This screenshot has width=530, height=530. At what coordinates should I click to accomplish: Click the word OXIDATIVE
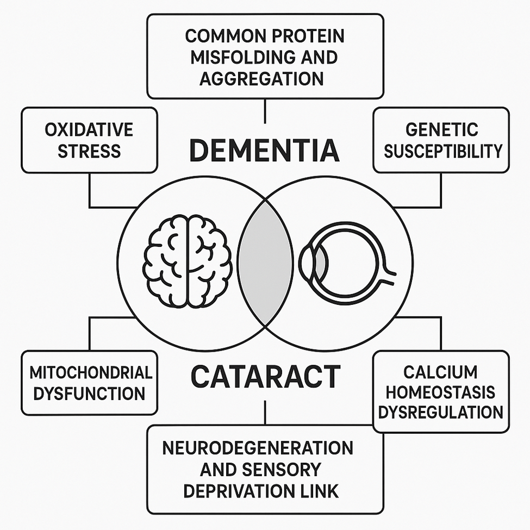click(89, 130)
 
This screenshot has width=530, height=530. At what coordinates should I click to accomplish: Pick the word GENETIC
click(441, 130)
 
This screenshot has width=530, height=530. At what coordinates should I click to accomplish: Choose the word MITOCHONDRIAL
click(90, 373)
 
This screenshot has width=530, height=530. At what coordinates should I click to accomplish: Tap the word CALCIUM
click(441, 372)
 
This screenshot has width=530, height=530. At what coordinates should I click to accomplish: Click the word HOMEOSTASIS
click(441, 392)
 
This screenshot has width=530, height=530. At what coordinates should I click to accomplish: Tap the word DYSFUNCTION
click(89, 393)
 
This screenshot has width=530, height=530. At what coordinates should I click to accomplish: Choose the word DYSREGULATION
click(441, 412)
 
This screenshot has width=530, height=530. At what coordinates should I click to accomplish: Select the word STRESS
click(89, 151)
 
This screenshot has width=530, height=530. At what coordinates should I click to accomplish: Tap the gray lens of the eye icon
click(321, 262)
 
